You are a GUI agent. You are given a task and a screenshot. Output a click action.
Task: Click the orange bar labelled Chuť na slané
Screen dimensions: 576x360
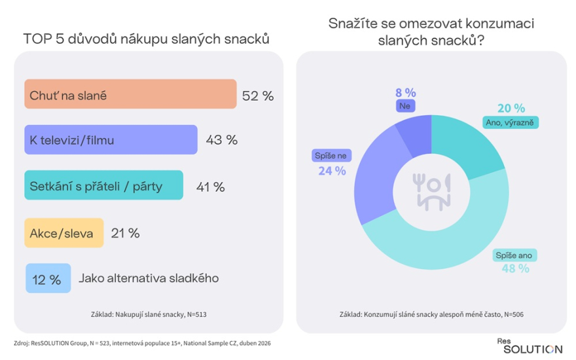[x=130, y=94]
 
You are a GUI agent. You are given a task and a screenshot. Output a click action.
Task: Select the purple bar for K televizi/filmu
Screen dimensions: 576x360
[x=111, y=139]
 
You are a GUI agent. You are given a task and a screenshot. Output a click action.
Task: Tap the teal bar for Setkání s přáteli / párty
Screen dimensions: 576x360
[x=103, y=185]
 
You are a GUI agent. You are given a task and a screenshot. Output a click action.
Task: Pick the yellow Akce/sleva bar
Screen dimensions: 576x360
[x=64, y=233]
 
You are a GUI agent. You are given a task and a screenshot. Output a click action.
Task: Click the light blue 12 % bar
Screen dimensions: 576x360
[x=48, y=278]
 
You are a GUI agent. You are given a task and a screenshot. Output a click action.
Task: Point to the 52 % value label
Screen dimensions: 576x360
[x=258, y=96]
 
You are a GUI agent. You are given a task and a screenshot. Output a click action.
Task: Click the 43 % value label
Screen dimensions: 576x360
[x=221, y=140]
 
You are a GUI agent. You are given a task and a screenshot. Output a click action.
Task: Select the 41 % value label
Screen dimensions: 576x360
[x=211, y=187]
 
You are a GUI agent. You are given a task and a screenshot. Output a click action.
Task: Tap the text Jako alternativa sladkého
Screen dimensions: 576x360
[x=149, y=278]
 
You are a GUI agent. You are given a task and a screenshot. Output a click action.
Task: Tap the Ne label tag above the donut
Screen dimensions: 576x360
[x=405, y=106]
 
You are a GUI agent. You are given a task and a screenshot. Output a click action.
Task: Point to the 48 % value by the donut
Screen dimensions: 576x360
[x=515, y=268]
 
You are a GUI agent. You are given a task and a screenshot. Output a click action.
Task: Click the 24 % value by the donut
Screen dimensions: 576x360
[x=332, y=171]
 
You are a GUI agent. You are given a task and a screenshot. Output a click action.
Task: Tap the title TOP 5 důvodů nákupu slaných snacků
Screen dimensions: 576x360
[x=146, y=39]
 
